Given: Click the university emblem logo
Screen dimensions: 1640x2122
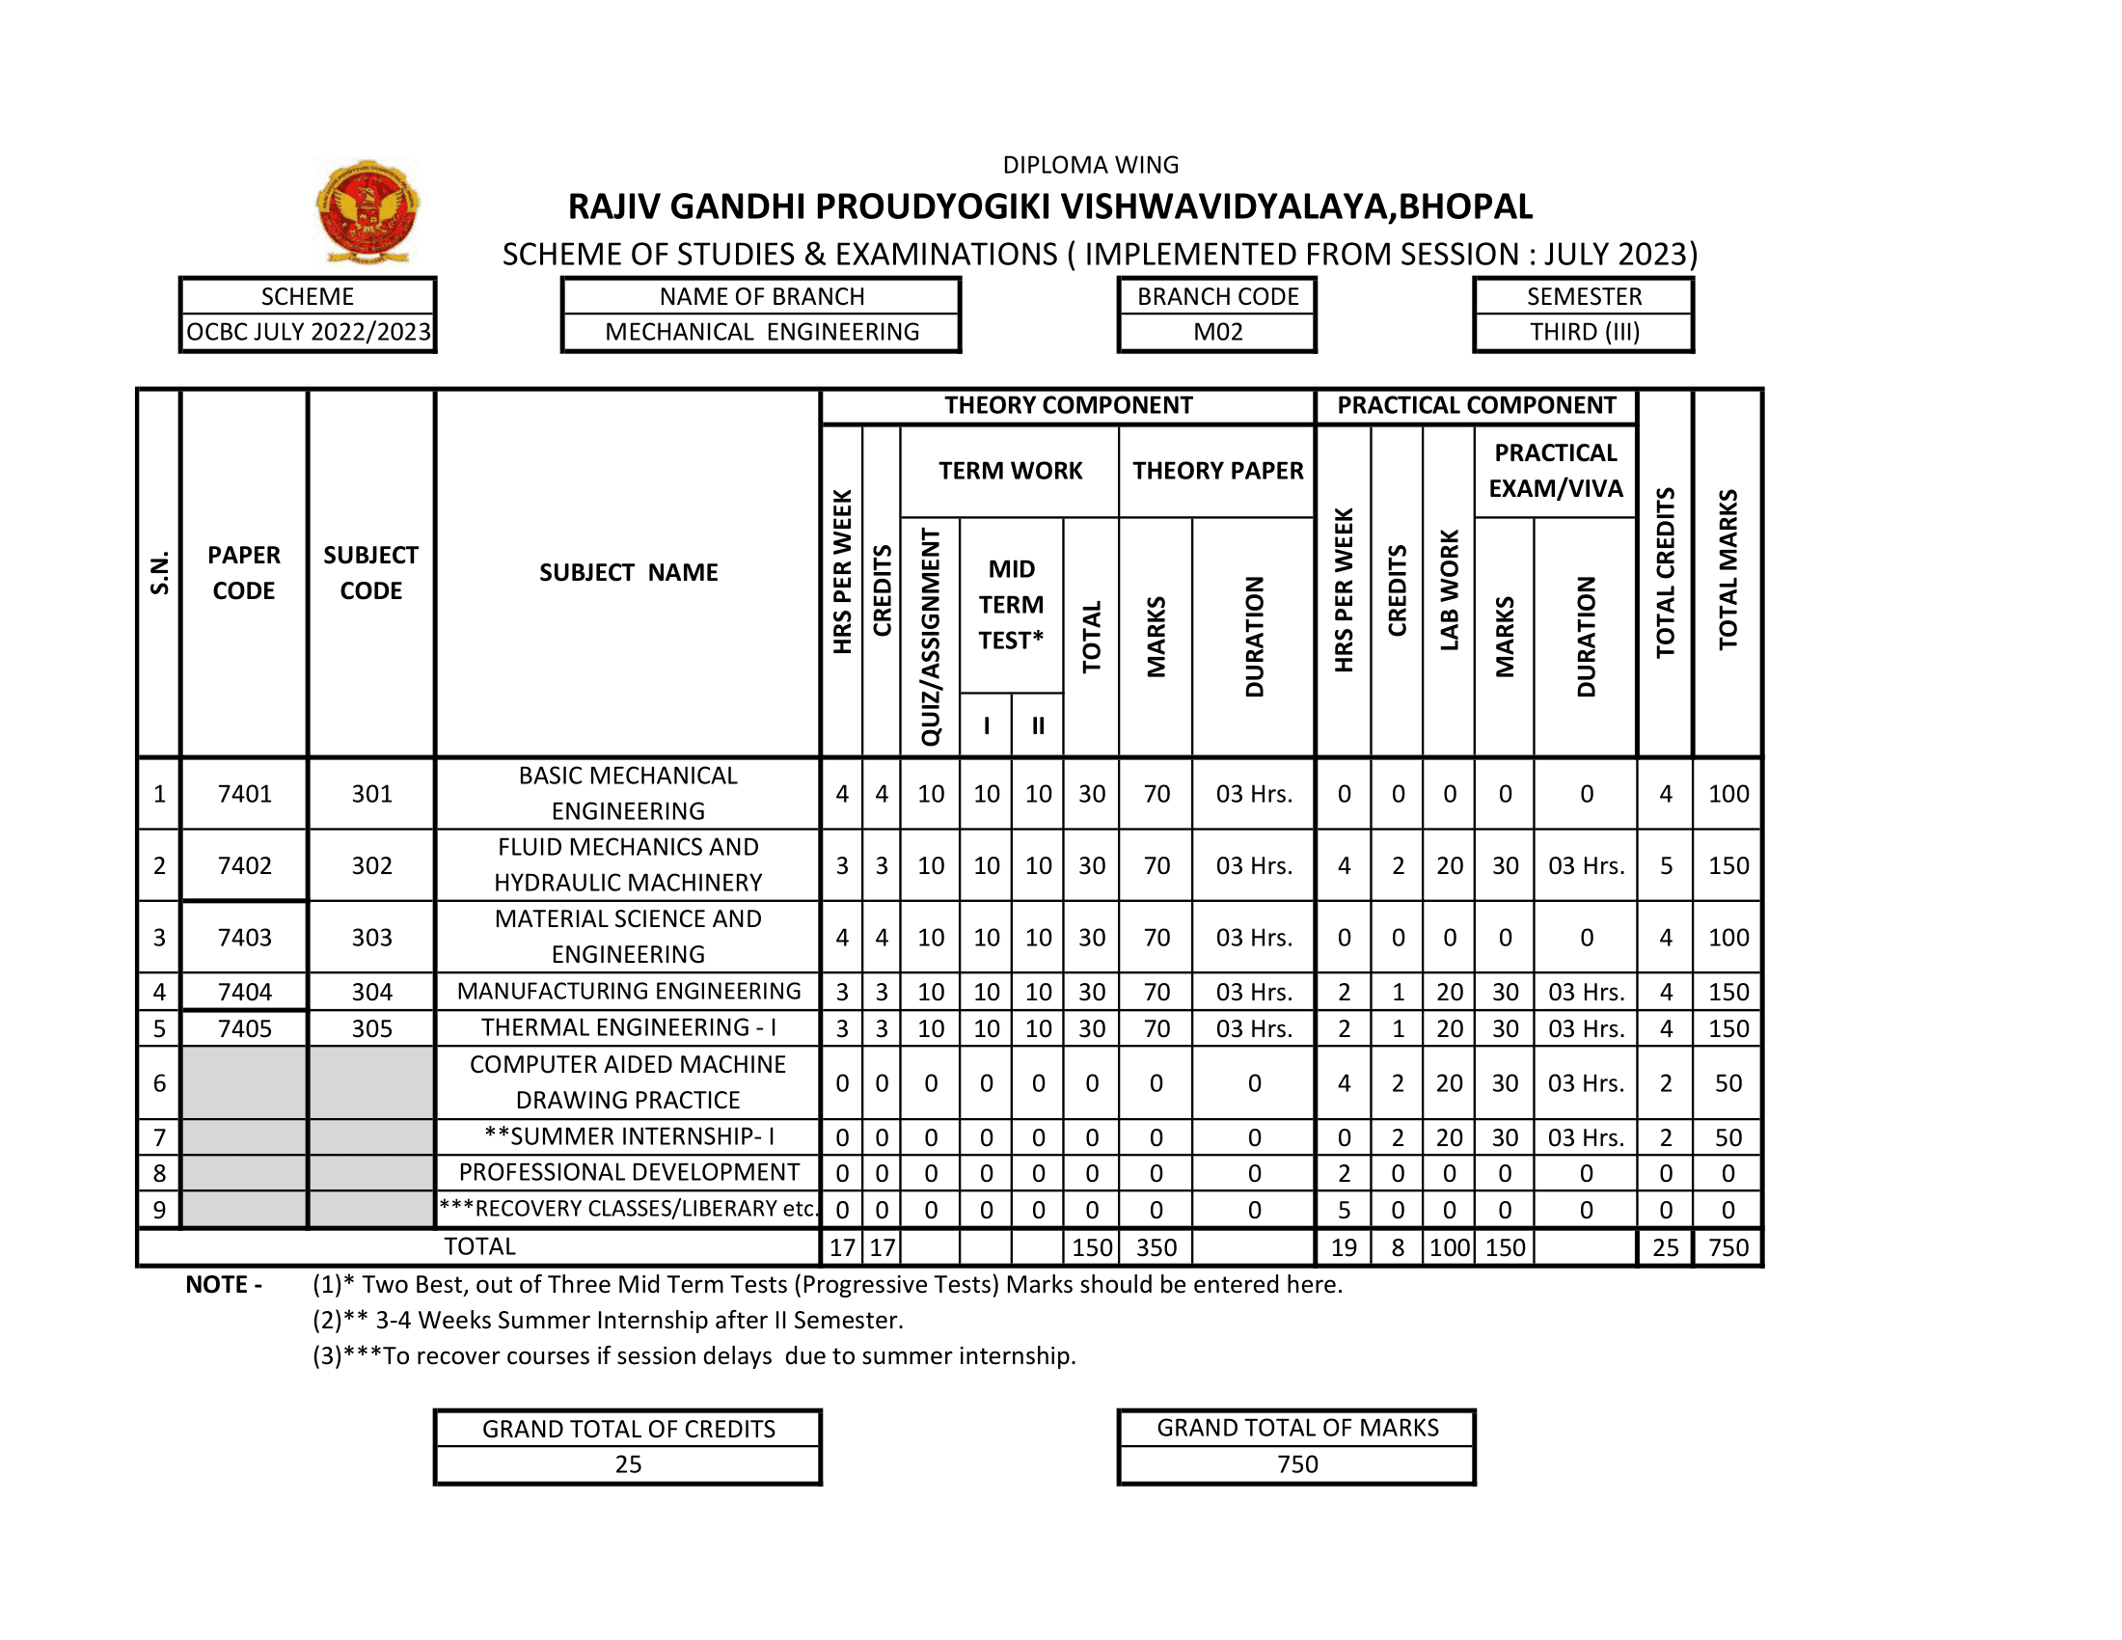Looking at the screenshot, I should (x=367, y=211).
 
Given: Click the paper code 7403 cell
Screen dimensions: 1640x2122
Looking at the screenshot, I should (x=245, y=938).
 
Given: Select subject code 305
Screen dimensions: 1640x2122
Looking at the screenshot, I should (x=371, y=1028).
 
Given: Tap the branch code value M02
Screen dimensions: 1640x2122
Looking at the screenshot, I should (x=1217, y=332).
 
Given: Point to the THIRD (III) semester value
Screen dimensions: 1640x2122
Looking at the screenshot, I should (x=1584, y=332).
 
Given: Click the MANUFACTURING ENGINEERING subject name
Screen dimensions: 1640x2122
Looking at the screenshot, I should (x=629, y=991).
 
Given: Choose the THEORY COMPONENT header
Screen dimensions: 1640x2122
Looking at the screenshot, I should (x=1068, y=405).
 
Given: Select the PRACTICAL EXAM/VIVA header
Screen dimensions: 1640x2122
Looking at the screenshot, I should (x=1556, y=470).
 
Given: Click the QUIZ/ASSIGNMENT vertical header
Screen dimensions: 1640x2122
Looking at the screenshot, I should (x=931, y=637).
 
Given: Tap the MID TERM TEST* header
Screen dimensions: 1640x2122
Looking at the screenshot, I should (x=1011, y=604).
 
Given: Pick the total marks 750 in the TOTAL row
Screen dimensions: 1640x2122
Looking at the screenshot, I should (x=1728, y=1247).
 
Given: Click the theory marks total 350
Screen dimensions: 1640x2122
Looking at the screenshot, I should (x=1156, y=1247).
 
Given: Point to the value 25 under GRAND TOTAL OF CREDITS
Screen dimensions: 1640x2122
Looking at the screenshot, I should (x=628, y=1464).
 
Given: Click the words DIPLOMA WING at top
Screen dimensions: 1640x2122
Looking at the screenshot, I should (x=1090, y=165).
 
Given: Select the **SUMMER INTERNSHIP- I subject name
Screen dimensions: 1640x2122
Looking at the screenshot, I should (x=629, y=1136).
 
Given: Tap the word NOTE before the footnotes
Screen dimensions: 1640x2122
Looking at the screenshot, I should (x=217, y=1284).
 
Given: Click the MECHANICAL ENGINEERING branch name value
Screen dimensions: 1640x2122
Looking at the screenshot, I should (x=762, y=332).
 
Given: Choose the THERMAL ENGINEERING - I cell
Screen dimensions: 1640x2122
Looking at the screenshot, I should (x=629, y=1028).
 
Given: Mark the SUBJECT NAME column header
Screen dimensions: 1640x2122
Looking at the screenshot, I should (x=629, y=572).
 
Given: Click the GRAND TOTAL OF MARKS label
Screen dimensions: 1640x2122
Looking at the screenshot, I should (x=1297, y=1427).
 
